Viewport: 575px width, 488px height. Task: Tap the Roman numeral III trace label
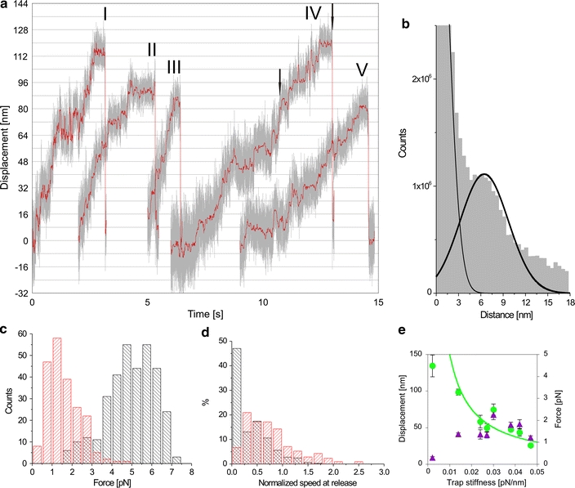pyautogui.click(x=174, y=67)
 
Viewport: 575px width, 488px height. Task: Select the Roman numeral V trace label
pyautogui.click(x=362, y=69)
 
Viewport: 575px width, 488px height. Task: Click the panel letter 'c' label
pyautogui.click(x=6, y=332)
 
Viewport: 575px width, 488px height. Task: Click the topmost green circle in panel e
pyautogui.click(x=433, y=366)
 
